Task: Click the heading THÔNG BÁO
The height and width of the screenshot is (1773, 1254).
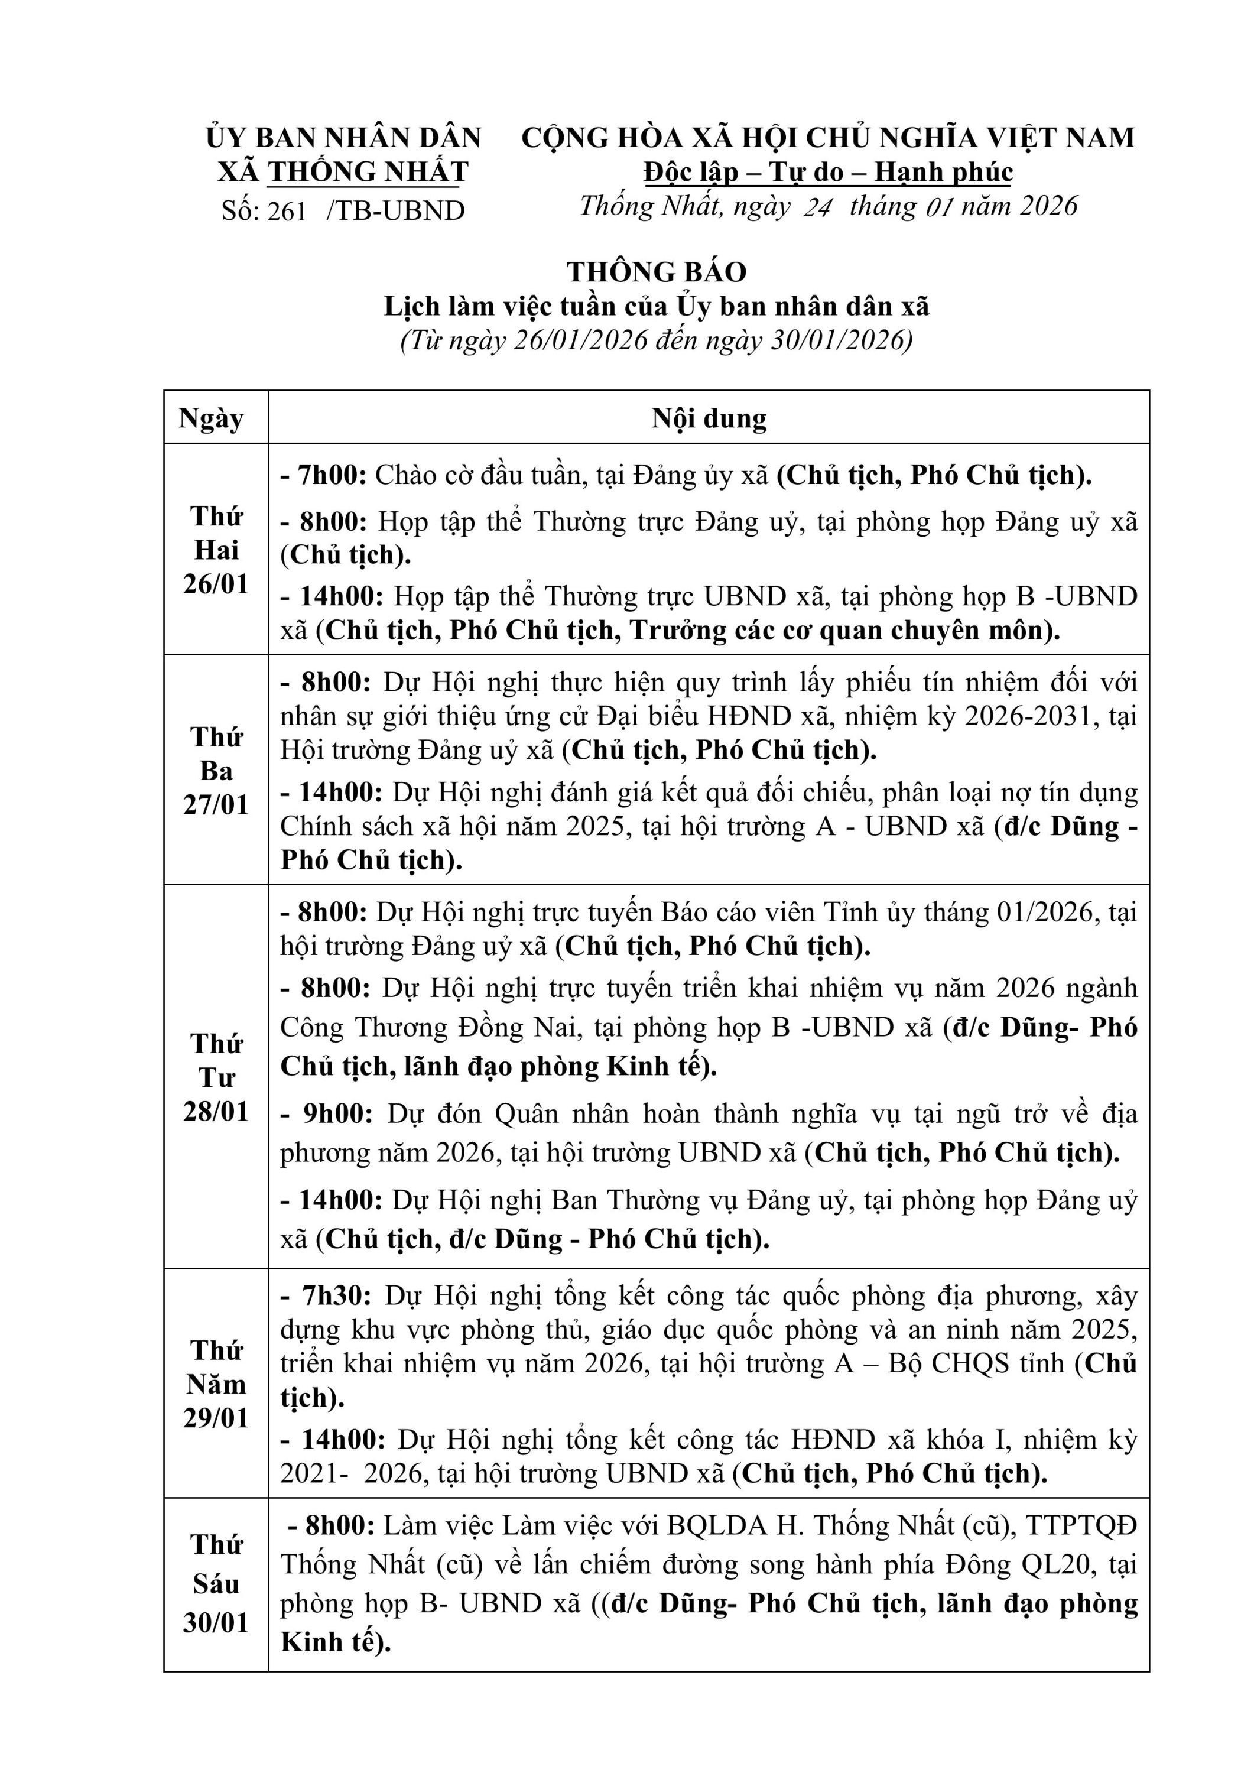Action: (x=657, y=272)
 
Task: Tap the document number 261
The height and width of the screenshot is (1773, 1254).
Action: (x=287, y=211)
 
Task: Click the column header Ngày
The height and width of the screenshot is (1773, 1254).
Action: (x=211, y=418)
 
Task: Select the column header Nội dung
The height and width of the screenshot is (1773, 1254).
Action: (x=709, y=418)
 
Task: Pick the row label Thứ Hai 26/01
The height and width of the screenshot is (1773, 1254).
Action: (x=216, y=550)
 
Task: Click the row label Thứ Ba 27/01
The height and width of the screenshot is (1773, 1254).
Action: (x=216, y=771)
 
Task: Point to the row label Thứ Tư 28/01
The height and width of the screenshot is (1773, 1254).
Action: (x=216, y=1077)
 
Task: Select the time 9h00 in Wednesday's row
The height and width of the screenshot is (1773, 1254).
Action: (x=337, y=1113)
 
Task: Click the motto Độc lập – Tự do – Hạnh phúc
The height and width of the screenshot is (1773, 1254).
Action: (x=828, y=171)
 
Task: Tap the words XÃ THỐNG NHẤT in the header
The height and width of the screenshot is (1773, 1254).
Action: (x=343, y=171)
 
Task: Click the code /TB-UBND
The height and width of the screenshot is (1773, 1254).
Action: (x=395, y=211)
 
